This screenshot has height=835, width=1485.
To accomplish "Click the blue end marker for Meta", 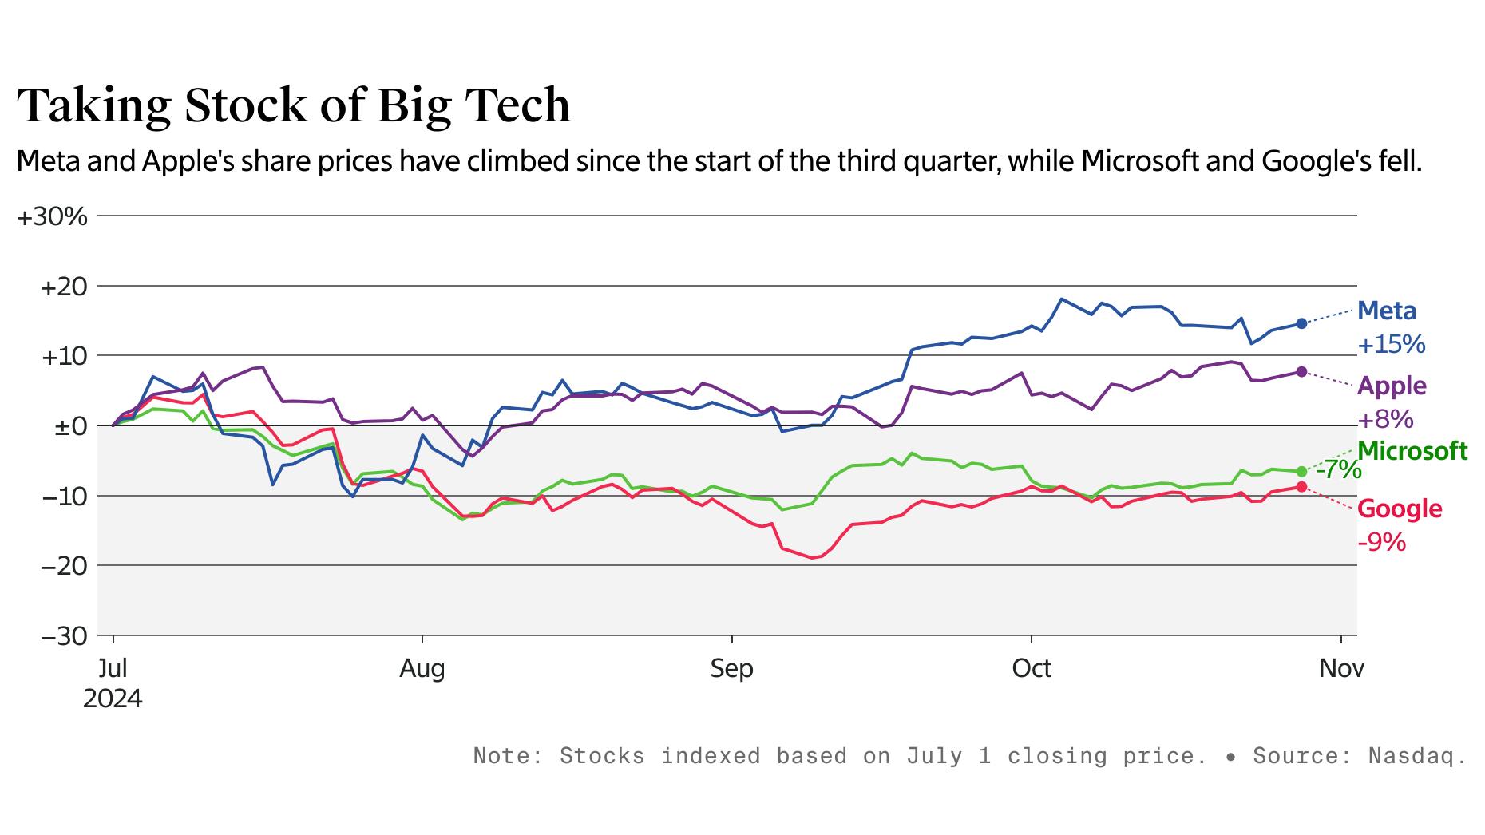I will click(x=1301, y=323).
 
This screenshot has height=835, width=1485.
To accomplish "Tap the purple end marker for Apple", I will click(x=1301, y=372).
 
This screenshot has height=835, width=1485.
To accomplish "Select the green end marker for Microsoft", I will click(x=1301, y=472).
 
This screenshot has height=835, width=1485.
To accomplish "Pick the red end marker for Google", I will click(x=1301, y=487).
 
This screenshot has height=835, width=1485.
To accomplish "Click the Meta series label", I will click(x=1386, y=311).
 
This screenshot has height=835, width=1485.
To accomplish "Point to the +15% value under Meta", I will click(x=1391, y=345).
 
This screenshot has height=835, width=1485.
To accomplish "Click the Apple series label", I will click(x=1391, y=386).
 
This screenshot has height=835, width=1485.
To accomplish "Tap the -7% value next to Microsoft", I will click(x=1338, y=470).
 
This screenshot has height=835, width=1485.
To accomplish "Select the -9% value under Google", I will click(x=1381, y=543).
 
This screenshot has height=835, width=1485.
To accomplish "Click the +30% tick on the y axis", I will click(x=52, y=216).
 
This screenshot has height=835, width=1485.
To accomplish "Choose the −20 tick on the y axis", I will click(x=64, y=566).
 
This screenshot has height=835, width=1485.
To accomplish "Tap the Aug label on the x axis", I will click(x=422, y=668).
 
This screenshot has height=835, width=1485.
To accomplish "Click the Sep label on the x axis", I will click(x=731, y=668).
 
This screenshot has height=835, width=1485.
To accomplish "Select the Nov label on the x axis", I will click(x=1341, y=668).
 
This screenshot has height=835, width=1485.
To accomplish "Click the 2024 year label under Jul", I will click(x=113, y=699).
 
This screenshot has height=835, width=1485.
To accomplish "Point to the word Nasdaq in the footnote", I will click(x=1416, y=755).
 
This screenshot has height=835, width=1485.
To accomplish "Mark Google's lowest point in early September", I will click(x=813, y=558).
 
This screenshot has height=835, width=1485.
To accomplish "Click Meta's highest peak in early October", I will click(x=1061, y=299).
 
